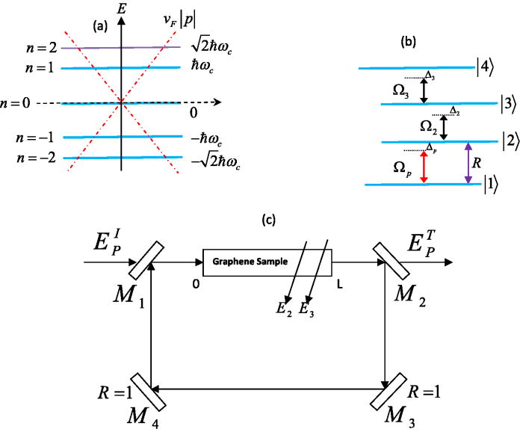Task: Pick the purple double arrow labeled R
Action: (x=468, y=162)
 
